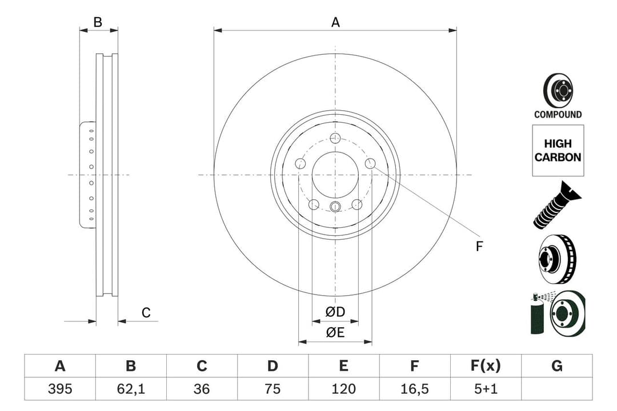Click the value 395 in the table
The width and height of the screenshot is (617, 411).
point(59,389)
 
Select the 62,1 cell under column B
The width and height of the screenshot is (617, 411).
point(130,389)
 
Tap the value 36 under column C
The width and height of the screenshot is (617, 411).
point(202,389)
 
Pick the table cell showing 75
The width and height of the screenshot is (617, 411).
point(273,389)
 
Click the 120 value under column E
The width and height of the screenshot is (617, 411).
point(343,389)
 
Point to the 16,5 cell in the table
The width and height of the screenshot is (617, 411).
point(415,389)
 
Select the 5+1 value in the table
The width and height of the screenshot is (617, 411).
point(486,389)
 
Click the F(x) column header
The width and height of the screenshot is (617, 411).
point(486,366)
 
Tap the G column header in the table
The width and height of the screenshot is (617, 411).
point(557,366)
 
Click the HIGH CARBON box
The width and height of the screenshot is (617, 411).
point(558,151)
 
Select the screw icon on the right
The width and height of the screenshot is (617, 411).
point(556,205)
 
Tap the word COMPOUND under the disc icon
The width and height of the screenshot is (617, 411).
point(558,114)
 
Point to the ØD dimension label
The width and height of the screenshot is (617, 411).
point(335,312)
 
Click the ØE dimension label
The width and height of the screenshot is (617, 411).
point(335,333)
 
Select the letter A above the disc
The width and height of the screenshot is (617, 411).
point(335,23)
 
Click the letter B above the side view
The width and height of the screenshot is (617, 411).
point(98,23)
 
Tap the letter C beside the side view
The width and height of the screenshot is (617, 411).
point(146,313)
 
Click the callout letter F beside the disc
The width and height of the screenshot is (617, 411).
point(479,247)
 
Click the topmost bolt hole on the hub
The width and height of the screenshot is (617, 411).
point(335,138)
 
